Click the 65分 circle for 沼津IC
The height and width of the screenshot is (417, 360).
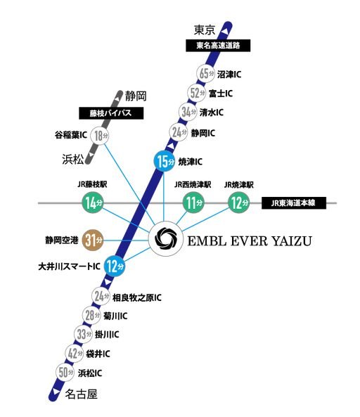[206, 74]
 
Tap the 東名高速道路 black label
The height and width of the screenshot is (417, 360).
[218, 46]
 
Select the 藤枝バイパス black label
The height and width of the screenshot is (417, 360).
[111, 113]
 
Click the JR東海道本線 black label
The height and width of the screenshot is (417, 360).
[294, 203]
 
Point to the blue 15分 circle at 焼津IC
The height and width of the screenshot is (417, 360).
[165, 161]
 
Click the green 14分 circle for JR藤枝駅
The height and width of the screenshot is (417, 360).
[93, 203]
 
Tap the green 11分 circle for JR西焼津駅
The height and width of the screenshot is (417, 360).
[193, 203]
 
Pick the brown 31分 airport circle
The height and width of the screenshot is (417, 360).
[93, 240]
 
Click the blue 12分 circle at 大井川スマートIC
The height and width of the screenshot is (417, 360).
[115, 266]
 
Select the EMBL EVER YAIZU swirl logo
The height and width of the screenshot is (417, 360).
[166, 238]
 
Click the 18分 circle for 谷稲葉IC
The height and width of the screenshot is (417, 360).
[100, 136]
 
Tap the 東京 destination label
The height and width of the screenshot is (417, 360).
[204, 30]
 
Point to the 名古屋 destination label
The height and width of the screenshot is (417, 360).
[81, 394]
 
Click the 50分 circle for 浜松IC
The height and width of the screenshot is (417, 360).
[65, 372]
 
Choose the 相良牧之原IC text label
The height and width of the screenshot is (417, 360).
[137, 297]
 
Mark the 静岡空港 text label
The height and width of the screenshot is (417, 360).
[62, 240]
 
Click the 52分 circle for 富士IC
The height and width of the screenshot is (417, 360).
[197, 93]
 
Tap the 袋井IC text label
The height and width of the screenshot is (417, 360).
[98, 354]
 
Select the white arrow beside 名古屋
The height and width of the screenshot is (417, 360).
[56, 392]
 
